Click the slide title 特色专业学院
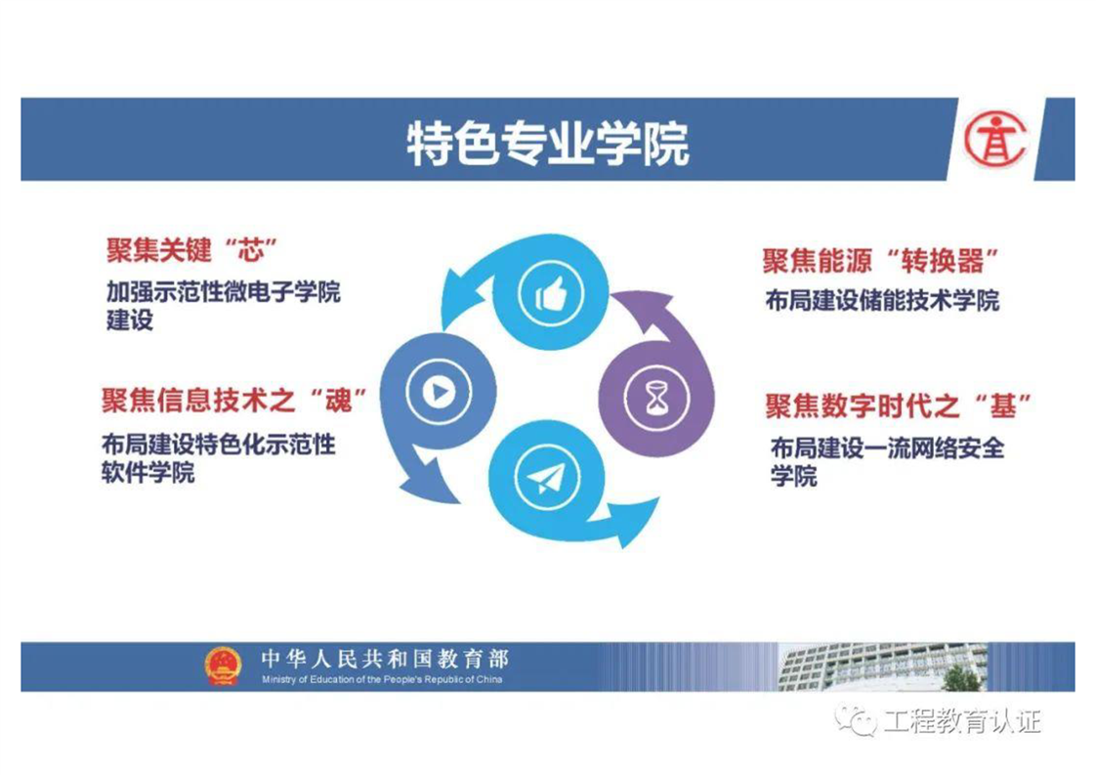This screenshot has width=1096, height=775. (x=548, y=144)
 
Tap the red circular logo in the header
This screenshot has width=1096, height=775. (x=995, y=139)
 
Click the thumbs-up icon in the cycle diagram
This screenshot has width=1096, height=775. (x=551, y=294)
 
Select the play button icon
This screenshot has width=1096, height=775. (x=440, y=392)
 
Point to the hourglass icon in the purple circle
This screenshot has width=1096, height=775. (x=655, y=398)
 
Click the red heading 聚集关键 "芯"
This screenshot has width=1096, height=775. (x=192, y=250)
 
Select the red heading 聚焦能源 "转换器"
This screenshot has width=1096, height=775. (x=881, y=261)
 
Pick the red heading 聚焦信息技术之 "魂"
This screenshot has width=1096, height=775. (x=234, y=400)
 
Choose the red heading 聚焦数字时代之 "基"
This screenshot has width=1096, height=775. (x=898, y=406)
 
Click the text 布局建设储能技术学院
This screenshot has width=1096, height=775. (x=882, y=301)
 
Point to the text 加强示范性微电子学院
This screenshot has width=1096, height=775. (x=224, y=291)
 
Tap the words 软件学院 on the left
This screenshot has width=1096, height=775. (x=148, y=473)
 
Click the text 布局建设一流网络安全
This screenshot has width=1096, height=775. (x=888, y=448)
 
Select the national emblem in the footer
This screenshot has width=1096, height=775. (x=223, y=666)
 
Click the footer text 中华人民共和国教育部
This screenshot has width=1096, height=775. (x=385, y=659)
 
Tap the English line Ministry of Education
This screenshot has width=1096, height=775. (x=382, y=679)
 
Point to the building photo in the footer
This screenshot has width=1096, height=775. (x=882, y=667)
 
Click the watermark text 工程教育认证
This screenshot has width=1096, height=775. (x=962, y=720)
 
